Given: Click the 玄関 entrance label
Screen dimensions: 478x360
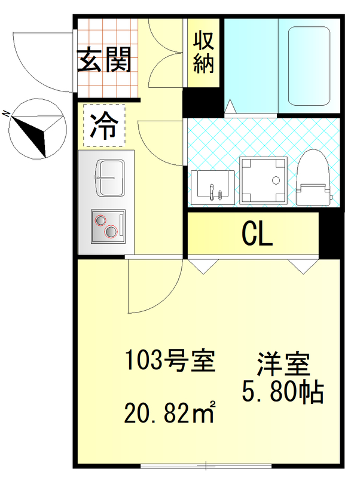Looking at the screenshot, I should (x=105, y=60).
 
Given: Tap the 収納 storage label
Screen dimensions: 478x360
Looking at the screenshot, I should (x=203, y=54).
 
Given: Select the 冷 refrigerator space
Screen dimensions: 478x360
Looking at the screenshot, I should (x=104, y=126).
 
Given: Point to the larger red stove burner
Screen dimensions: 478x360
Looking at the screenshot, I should (x=111, y=232).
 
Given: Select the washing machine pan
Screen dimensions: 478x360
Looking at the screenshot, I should (x=264, y=179).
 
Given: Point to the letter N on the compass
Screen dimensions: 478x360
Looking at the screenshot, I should (x=5, y=113).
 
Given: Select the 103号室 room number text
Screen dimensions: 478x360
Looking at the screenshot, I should (x=169, y=361).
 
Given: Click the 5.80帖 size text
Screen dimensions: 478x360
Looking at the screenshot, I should (x=282, y=392).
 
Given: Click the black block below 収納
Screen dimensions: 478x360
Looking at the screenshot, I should (x=203, y=103).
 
